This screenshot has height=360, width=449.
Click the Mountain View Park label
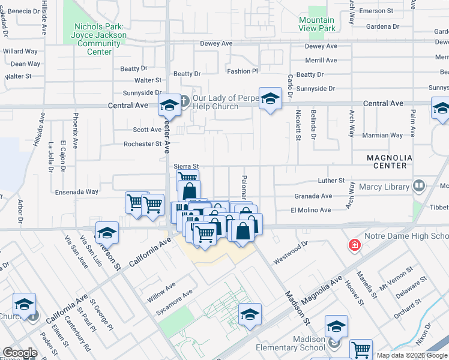(x=317, y=24)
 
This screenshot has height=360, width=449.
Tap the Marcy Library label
(x=384, y=187)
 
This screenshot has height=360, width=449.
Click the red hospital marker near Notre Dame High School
(x=355, y=245)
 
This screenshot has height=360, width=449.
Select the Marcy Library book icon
(x=419, y=187)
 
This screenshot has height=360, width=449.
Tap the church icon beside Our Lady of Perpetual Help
(x=184, y=100)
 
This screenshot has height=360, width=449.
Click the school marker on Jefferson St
(x=107, y=232)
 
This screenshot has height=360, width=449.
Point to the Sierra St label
(x=185, y=166)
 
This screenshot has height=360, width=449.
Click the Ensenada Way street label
(x=76, y=192)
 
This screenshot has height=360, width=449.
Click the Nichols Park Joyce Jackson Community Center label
(x=99, y=39)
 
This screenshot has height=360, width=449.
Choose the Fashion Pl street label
(x=243, y=71)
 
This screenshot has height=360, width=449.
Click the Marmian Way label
(x=383, y=135)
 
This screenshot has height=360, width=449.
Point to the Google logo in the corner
(x=20, y=353)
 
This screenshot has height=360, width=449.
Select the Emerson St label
(x=375, y=11)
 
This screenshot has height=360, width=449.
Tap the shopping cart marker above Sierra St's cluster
(x=188, y=178)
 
